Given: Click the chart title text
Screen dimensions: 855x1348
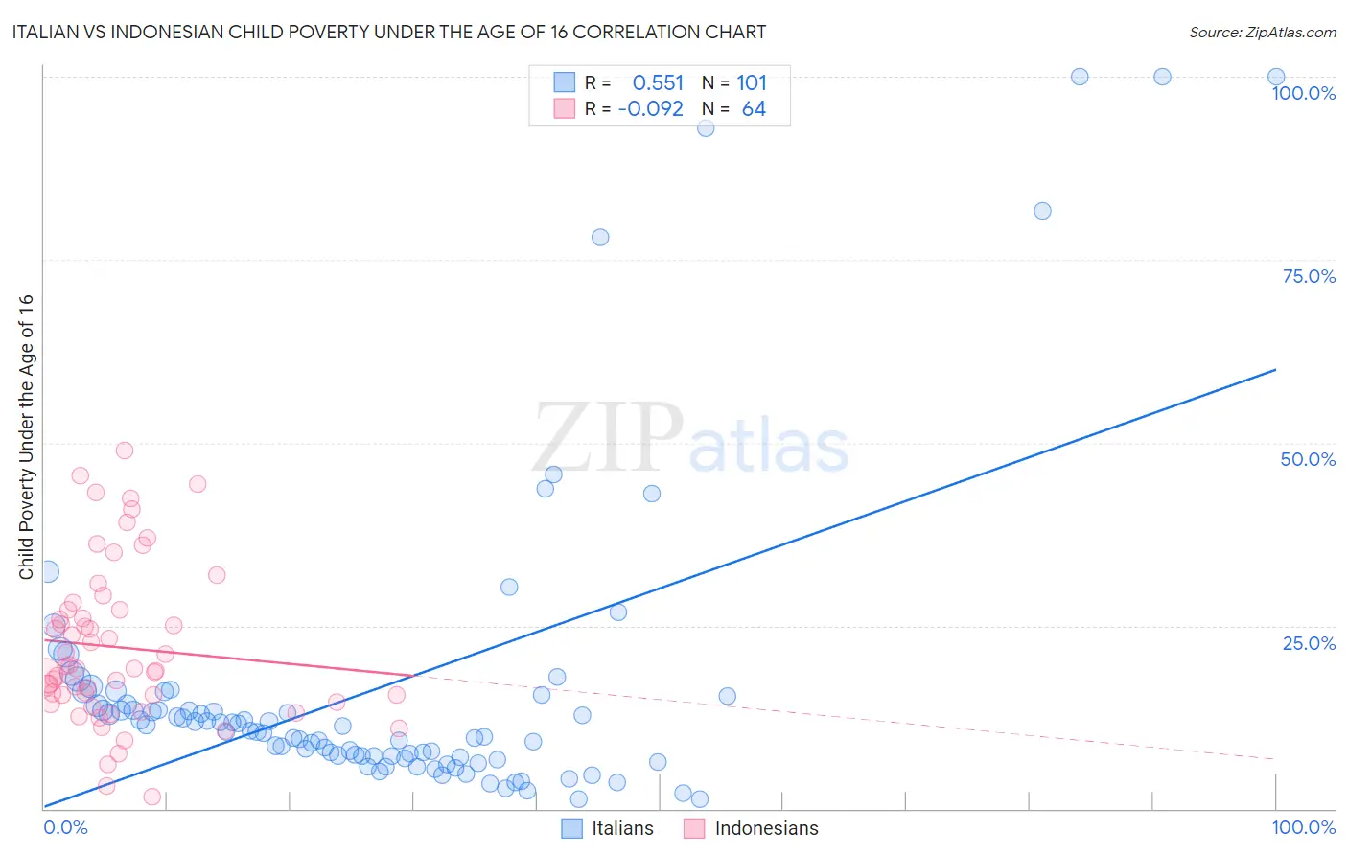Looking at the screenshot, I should [388, 32].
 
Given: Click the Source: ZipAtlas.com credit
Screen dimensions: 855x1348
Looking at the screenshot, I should [1262, 32].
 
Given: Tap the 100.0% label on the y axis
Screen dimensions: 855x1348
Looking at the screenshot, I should [1303, 93].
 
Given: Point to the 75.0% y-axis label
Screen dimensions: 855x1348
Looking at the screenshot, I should [1309, 276].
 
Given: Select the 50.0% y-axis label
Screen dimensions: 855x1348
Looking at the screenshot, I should [1308, 459].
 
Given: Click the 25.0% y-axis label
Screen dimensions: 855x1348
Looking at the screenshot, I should [1309, 643].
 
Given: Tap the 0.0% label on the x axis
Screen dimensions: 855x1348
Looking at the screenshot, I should [65, 827].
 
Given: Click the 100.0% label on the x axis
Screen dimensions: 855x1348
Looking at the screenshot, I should [1303, 827].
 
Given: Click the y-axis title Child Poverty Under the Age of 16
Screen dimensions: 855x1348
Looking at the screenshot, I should [26, 436].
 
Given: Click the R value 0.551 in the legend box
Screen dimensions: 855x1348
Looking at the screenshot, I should [658, 83].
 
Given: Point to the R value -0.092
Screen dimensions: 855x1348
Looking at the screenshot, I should [650, 109].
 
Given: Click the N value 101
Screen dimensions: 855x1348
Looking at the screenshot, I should [752, 83].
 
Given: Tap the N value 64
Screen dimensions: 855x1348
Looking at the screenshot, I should [754, 109].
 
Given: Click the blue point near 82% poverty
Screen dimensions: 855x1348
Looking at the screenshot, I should [1042, 211].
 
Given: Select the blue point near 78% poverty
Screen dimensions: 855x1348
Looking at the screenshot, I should [600, 238].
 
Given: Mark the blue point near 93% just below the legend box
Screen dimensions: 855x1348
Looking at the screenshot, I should [706, 128].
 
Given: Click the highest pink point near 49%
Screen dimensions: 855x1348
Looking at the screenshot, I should [125, 451].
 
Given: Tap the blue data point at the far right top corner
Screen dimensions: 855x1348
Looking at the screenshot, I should [1276, 77].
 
